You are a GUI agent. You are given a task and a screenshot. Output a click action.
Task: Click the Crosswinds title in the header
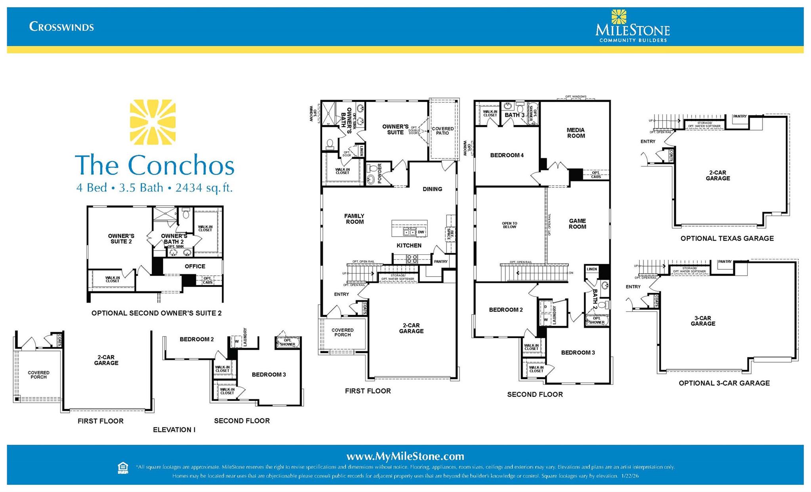pos(61,27)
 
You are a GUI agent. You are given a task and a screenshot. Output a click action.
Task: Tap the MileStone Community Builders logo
pos(632,27)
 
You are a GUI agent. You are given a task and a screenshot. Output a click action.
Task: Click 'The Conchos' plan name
pos(155,165)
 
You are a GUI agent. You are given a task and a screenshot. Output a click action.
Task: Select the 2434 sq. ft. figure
pos(204,187)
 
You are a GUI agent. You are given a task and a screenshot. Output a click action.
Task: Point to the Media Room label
pos(576,133)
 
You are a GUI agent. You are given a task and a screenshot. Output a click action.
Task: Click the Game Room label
pos(577,224)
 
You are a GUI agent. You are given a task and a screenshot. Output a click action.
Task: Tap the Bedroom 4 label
pos(507,155)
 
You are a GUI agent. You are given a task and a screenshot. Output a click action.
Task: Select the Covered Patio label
pos(443,131)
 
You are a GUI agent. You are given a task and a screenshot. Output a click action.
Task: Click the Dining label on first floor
pos(432,189)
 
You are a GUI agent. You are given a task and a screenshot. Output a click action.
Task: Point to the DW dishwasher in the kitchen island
pos(421,232)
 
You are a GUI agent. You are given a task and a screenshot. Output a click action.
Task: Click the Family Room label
pos(354,219)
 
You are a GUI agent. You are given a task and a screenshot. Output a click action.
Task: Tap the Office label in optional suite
pos(195,266)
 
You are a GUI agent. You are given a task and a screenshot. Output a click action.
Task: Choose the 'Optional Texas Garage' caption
pos(727,238)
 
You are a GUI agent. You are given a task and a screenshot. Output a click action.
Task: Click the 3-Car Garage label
pos(703,321)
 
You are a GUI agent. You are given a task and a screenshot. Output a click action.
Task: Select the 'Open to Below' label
pos(509,225)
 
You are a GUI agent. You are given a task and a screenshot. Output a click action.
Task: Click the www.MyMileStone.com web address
pos(405,456)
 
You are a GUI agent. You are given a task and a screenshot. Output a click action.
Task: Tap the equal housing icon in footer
pos(123,468)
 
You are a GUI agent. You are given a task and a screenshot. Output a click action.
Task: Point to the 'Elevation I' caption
pos(174,430)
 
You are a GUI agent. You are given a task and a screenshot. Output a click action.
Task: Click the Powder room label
pos(380,173)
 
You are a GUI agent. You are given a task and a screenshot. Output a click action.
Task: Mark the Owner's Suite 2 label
pos(121,238)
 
